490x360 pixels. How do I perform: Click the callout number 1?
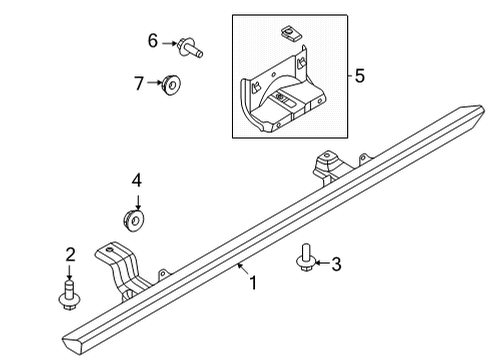click(253, 283)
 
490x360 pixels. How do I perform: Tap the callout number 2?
click(69, 252)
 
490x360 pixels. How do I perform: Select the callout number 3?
click(337, 264)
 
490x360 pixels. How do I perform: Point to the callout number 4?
click(137, 181)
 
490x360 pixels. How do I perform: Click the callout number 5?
click(361, 75)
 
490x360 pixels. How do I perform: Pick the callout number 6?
click(153, 41)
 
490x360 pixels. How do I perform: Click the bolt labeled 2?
click(70, 294)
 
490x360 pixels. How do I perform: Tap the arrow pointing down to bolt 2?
click(69, 270)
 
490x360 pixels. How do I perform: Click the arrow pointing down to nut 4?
click(137, 198)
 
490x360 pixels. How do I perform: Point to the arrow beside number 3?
click(320, 264)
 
